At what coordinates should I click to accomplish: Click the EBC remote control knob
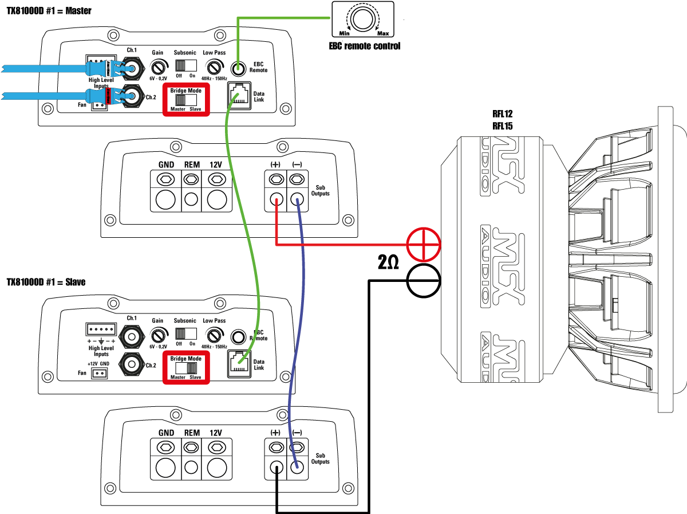tap(363, 18)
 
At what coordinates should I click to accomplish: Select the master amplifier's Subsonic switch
tap(186, 66)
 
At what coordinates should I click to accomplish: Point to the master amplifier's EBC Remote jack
tap(238, 68)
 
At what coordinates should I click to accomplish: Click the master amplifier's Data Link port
tap(239, 96)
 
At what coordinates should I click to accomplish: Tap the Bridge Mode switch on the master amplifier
tap(186, 100)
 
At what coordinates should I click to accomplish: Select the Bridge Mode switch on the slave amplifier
tap(186, 368)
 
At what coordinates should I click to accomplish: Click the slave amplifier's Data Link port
tap(239, 364)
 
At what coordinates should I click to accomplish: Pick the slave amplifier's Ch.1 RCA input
tap(132, 337)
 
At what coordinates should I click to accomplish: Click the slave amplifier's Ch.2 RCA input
tap(132, 364)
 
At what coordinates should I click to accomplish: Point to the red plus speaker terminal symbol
tap(424, 245)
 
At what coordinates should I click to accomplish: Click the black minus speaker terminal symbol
tap(424, 281)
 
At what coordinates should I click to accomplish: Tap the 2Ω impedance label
tap(388, 262)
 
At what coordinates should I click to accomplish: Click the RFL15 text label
tap(502, 126)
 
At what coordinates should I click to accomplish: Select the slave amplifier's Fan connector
tap(99, 374)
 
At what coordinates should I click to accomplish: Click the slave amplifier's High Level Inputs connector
tap(101, 329)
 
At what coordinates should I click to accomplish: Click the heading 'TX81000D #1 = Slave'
tap(46, 282)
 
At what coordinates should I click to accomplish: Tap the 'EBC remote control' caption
tap(364, 46)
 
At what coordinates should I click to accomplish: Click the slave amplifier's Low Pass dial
tap(214, 335)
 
